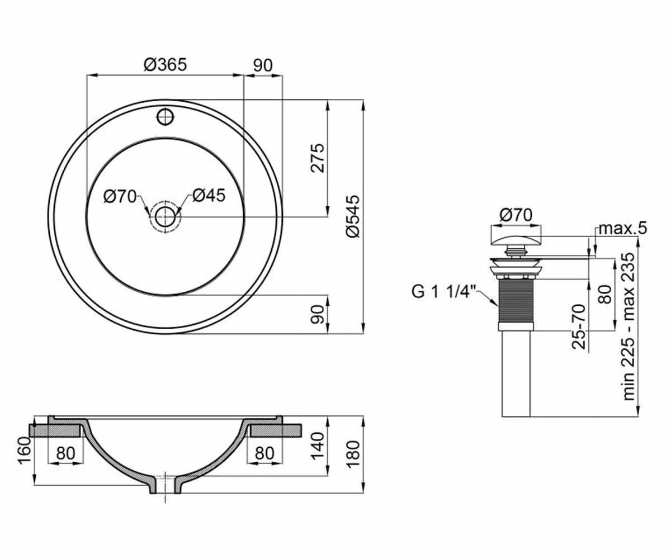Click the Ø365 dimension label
pos(165,64)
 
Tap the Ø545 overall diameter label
pos(353,216)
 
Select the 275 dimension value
pos(318,158)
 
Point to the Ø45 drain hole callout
pos(209,195)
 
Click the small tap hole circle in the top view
pos(166,117)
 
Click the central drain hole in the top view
pos(165,217)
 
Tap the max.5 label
pos(623,229)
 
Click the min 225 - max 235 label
pos(629,326)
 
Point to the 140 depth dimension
pos(318,446)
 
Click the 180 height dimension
pos(353,454)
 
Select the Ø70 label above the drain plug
pos(516,215)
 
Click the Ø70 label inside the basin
pos(120,196)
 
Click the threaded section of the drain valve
pos(516,301)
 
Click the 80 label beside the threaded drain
pos(606,294)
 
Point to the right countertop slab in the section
pos(276,430)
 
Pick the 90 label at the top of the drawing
pos(263,65)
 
